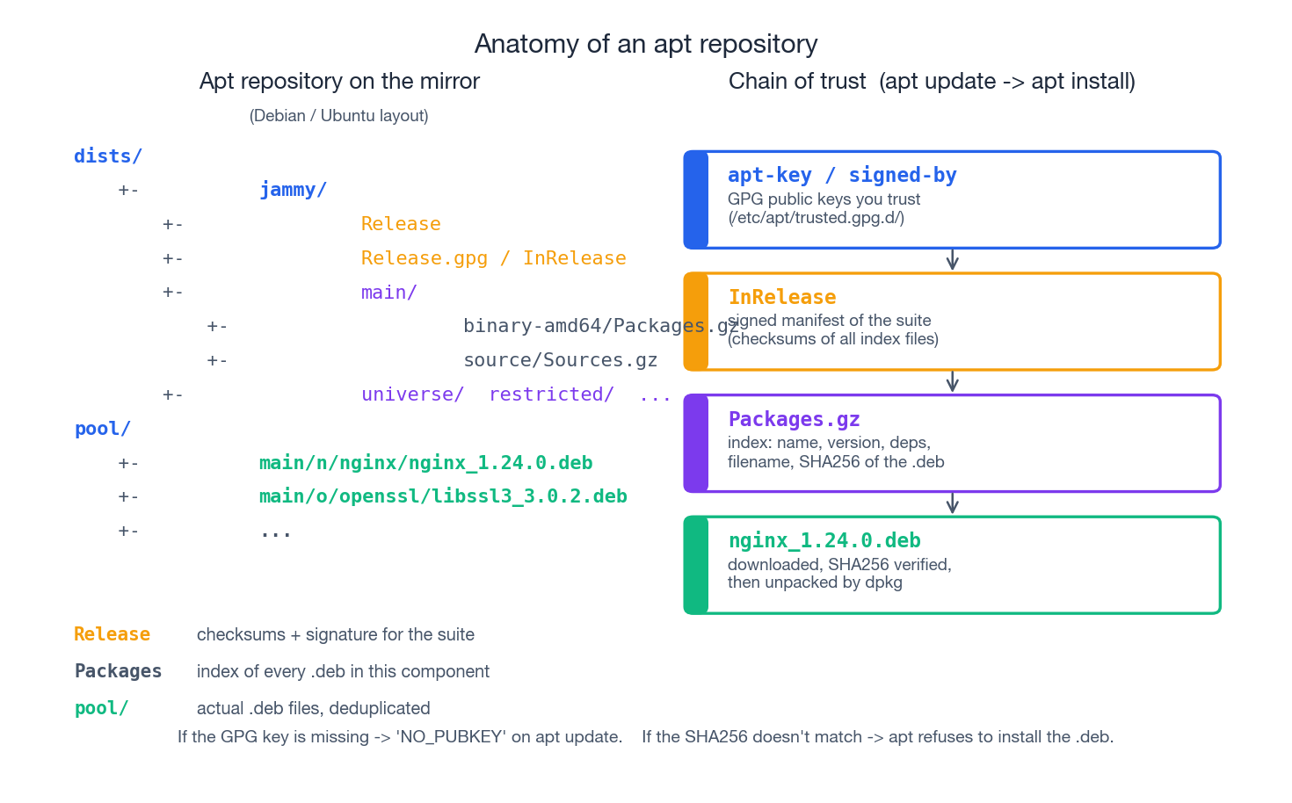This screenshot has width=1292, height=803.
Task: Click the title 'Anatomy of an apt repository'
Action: (x=646, y=44)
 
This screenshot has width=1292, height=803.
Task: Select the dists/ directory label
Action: (x=108, y=156)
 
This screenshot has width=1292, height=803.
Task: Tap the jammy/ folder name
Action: (x=293, y=190)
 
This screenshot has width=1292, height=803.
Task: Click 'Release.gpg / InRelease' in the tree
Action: (x=493, y=258)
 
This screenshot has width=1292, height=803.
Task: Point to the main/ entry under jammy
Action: (x=388, y=293)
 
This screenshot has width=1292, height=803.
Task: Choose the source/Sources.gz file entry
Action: (x=560, y=360)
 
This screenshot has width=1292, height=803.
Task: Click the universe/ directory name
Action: (x=412, y=394)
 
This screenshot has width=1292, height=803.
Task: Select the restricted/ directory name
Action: (x=551, y=394)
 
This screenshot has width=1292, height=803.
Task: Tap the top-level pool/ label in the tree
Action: (x=103, y=429)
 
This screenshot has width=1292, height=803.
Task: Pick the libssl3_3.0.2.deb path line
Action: (x=443, y=496)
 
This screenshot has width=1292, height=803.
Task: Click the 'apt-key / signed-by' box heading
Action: (x=841, y=176)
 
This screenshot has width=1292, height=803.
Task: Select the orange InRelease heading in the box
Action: (x=782, y=298)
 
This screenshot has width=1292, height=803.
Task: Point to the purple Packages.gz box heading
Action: (x=794, y=419)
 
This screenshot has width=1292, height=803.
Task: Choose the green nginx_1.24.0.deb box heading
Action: (x=824, y=541)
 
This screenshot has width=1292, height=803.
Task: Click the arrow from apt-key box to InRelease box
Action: (x=952, y=260)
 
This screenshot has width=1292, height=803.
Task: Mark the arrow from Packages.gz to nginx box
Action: (x=952, y=503)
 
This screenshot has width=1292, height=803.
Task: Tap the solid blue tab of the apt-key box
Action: (x=696, y=200)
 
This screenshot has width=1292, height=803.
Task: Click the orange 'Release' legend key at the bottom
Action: (x=112, y=634)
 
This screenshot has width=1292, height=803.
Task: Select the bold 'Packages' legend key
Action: (x=118, y=671)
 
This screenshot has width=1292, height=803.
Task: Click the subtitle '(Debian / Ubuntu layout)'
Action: (x=338, y=116)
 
